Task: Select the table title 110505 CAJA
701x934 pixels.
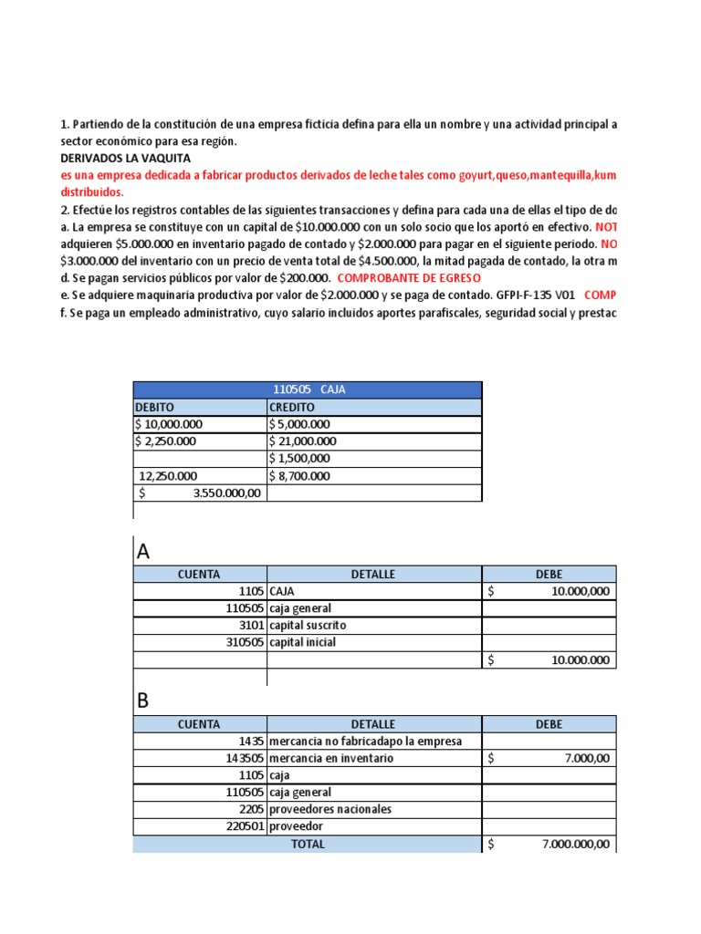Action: click(309, 389)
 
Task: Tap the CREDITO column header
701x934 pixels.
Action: click(291, 407)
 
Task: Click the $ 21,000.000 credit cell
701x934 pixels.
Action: click(302, 441)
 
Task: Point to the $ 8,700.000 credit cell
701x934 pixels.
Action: click(299, 476)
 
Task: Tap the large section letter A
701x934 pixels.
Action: click(143, 552)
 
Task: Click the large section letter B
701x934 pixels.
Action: click(142, 702)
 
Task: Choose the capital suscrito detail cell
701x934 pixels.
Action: click(308, 626)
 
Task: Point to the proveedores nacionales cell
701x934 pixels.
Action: click(330, 810)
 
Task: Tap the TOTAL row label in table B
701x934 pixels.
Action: click(308, 845)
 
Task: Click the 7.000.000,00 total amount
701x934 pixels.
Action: click(576, 845)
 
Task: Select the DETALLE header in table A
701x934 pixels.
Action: click(373, 574)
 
